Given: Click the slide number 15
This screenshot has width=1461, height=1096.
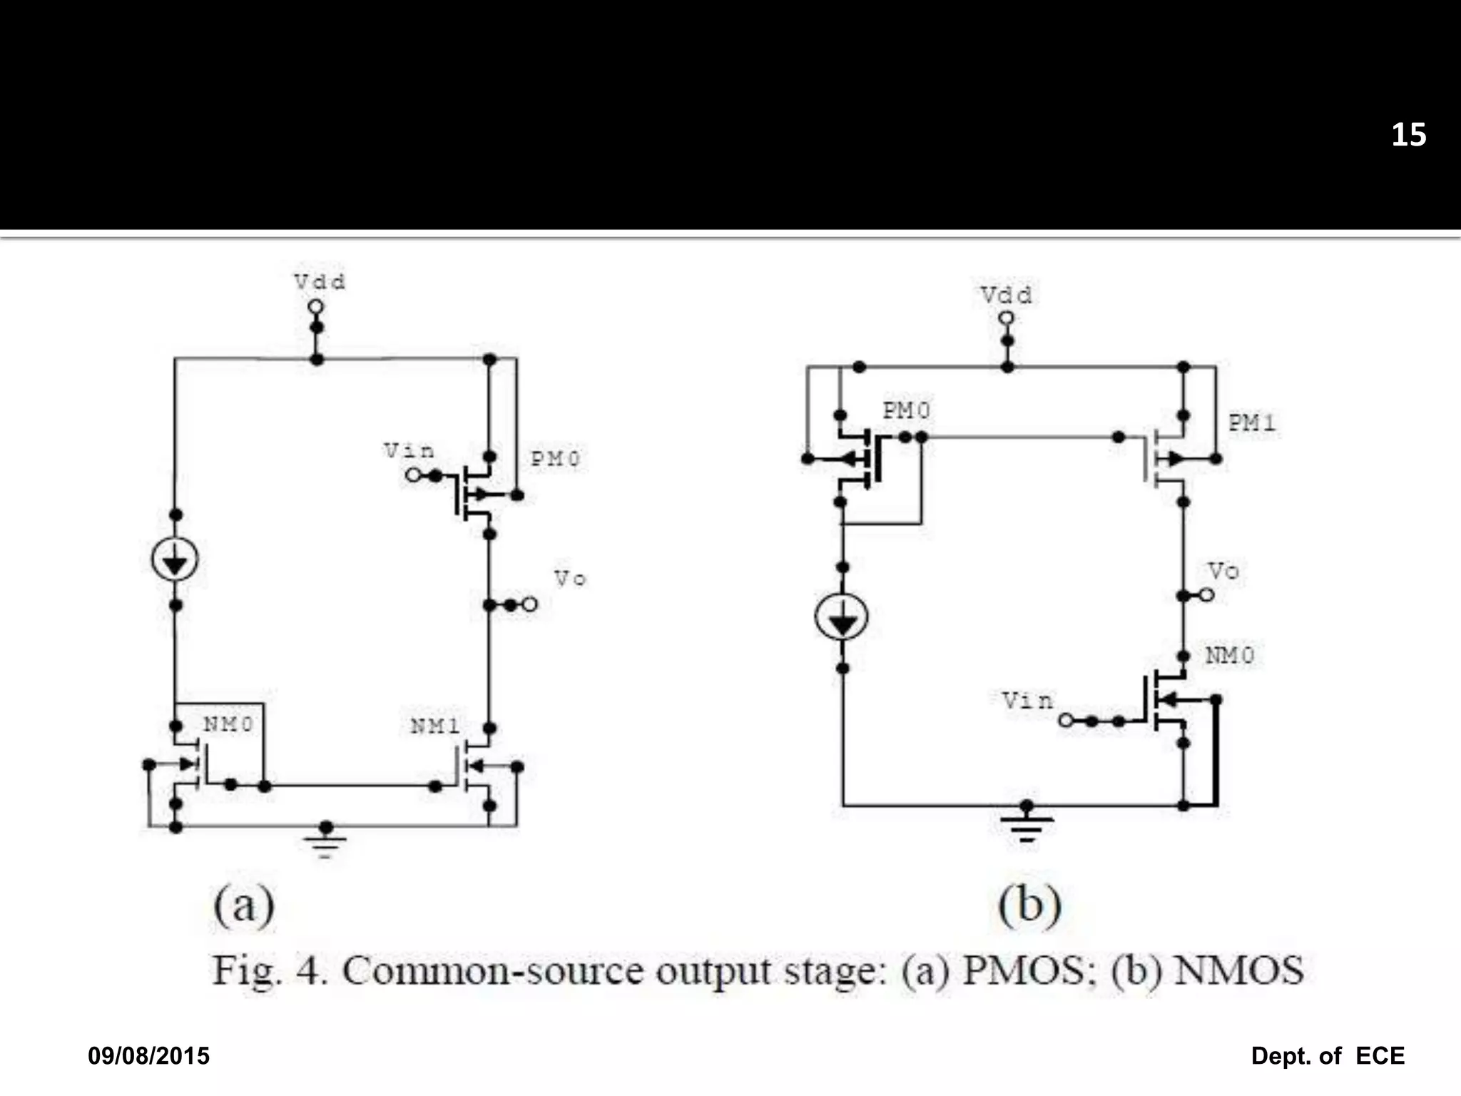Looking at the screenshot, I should click(1408, 136).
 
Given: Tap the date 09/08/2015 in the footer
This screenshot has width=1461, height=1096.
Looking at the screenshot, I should click(148, 1055).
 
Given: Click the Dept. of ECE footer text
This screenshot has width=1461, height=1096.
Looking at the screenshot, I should click(1327, 1055).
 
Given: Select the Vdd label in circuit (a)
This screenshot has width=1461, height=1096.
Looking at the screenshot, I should click(320, 282).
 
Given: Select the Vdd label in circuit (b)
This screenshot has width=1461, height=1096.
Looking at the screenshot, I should click(1006, 295).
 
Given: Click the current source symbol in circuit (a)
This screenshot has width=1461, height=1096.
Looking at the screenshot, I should click(175, 559).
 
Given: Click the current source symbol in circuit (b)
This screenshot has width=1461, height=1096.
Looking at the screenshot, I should click(842, 617).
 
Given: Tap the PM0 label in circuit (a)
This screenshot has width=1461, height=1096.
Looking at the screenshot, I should click(555, 459).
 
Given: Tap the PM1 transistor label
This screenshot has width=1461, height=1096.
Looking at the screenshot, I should click(1251, 423).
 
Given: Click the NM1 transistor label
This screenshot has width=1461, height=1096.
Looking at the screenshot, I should click(434, 726).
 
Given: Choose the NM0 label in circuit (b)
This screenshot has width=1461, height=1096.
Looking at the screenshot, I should click(1229, 655).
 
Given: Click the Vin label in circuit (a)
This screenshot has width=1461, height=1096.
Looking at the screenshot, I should click(409, 451).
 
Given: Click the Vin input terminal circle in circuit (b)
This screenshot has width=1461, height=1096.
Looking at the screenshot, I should click(1065, 721).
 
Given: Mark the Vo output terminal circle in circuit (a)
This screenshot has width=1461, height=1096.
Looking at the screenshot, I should click(529, 604).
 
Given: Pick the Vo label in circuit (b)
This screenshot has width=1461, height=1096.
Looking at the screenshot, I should click(1223, 571).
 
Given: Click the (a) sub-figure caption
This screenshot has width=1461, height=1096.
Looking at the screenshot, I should click(244, 905).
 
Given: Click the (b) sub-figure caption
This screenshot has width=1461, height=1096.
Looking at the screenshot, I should click(1029, 905).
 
